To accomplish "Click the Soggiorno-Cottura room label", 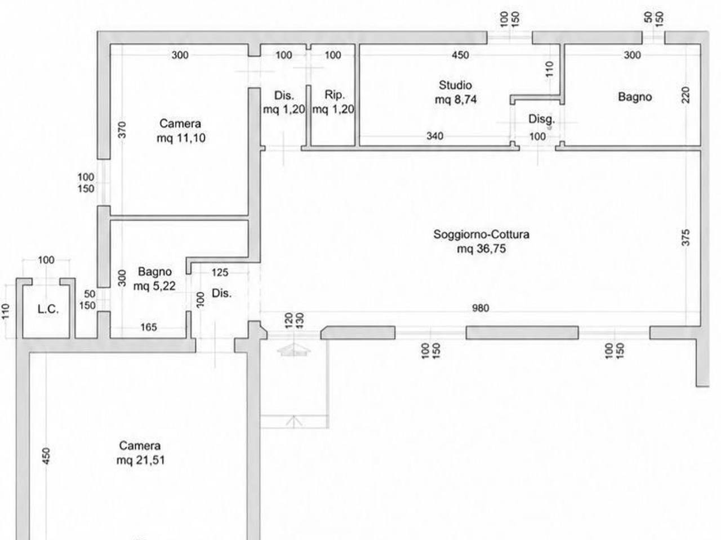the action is [481, 235].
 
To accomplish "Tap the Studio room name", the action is [455, 85].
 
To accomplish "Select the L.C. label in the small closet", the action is [48, 309].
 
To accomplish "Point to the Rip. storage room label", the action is [335, 94].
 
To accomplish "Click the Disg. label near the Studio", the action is [541, 119].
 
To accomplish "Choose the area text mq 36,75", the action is [481, 249].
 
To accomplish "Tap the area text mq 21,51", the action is [141, 460].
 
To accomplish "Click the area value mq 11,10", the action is [181, 138].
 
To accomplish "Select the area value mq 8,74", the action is [456, 100].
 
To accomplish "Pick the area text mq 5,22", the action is [154, 286].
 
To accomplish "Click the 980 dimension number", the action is [480, 308].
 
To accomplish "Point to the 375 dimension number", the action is [686, 237].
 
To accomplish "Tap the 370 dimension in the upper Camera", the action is [122, 130].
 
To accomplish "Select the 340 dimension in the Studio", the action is [434, 136].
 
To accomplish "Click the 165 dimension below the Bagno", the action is [149, 327].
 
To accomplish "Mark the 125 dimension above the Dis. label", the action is [220, 272].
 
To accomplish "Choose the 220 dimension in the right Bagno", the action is [686, 94].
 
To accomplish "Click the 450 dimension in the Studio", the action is [460, 55].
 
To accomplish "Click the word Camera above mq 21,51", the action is [140, 445].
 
